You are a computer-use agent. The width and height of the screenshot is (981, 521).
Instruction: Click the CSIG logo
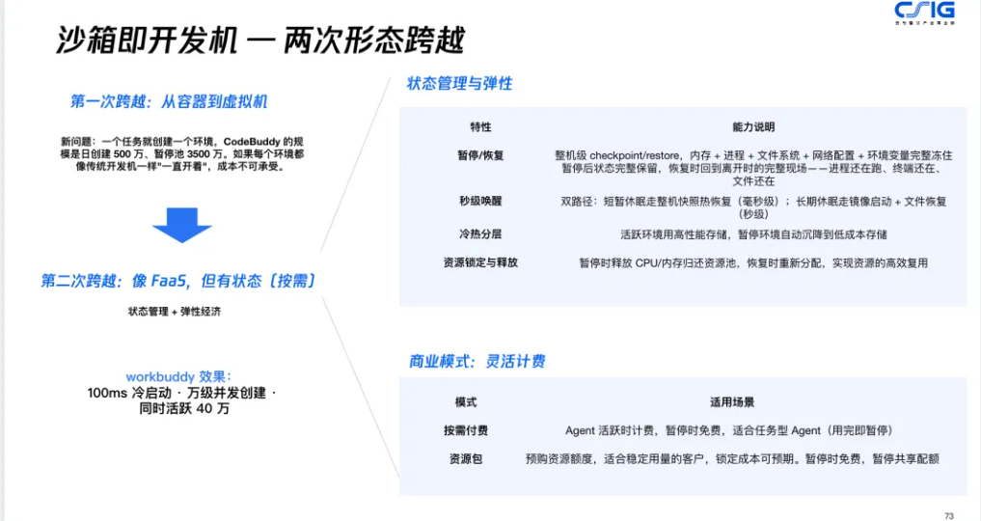(925, 12)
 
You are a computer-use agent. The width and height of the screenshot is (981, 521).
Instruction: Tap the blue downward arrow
(182, 225)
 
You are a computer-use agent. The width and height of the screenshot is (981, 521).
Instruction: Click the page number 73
(949, 516)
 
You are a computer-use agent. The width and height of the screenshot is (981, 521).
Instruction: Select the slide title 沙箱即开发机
(147, 41)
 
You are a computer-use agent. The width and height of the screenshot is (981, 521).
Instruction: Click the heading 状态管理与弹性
(460, 83)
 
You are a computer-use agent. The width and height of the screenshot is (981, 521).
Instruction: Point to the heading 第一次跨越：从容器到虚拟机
(169, 101)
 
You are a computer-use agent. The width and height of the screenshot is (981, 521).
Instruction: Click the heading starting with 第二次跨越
(178, 281)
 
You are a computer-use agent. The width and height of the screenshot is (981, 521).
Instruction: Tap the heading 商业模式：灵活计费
(477, 361)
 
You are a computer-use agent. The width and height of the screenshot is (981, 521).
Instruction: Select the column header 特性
(480, 127)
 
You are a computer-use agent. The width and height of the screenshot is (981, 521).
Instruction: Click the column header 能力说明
(753, 127)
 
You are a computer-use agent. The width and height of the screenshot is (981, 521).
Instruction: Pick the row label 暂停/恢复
(480, 155)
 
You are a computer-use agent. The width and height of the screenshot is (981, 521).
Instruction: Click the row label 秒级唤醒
(480, 201)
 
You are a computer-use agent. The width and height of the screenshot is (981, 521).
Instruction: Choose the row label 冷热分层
(480, 233)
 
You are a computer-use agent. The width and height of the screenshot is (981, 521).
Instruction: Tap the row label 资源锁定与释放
(480, 262)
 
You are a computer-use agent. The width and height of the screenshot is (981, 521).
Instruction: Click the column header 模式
(466, 401)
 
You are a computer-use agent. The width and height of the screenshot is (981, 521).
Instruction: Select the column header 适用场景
(732, 401)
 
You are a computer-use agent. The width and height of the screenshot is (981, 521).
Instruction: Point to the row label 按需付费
(466, 430)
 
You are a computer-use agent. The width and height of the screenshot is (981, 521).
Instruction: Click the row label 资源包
(466, 459)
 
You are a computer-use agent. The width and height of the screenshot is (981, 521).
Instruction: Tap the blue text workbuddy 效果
(178, 376)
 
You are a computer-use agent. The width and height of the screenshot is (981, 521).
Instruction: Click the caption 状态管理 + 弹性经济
(175, 311)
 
